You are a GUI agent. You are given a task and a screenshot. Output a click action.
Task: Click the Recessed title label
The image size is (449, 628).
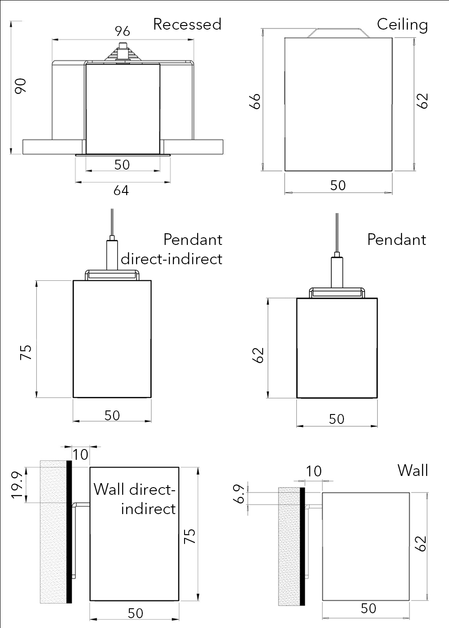coord(187,24)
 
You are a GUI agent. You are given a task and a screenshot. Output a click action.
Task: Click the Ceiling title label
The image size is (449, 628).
coord(402,24)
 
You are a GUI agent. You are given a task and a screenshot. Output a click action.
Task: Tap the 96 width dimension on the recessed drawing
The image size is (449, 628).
coord(122,31)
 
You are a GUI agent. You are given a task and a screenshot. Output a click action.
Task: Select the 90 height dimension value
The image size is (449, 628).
coord(21,86)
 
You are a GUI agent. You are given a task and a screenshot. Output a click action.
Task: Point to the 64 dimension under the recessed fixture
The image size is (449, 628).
coord(121,191)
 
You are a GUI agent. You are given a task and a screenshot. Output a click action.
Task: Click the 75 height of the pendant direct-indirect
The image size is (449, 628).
coord(26,352)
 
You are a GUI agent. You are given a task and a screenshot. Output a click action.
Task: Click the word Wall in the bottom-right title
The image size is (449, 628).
coord(412,471)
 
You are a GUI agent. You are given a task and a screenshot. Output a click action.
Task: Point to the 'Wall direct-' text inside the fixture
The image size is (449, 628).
coord(134,489)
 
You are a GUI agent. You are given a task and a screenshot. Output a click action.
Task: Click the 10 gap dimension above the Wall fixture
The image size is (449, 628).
coord(314,471)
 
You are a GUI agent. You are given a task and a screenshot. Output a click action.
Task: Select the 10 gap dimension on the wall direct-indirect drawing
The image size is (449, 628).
coord(81,455)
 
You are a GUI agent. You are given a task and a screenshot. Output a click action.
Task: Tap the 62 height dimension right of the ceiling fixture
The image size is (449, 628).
coord(422,100)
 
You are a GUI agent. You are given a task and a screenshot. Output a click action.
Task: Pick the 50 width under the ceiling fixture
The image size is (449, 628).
coord(338,185)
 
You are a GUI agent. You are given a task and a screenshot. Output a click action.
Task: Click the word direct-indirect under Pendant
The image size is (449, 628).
coord(172,259)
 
